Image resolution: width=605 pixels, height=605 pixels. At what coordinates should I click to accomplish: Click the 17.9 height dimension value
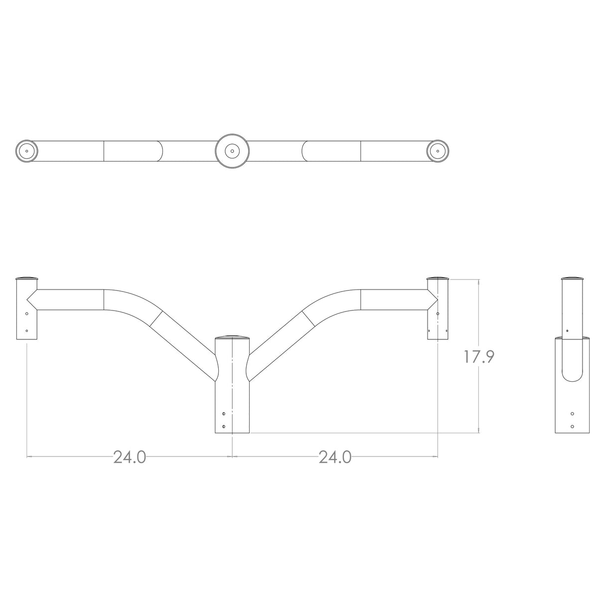pyautogui.click(x=479, y=357)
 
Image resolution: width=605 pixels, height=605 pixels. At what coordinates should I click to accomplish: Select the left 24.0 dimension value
pyautogui.click(x=130, y=456)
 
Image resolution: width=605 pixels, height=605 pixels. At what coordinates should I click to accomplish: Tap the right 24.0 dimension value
pyautogui.click(x=335, y=456)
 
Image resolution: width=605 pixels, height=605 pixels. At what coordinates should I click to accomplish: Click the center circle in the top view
pyautogui.click(x=232, y=151)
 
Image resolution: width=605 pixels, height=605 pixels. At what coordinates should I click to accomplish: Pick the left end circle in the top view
pyautogui.click(x=26, y=151)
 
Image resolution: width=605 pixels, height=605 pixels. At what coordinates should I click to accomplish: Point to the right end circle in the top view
pyautogui.click(x=438, y=151)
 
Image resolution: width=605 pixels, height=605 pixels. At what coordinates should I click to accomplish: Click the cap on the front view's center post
pyautogui.click(x=232, y=337)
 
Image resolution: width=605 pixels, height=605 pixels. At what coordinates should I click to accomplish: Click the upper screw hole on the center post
pyautogui.click(x=224, y=414)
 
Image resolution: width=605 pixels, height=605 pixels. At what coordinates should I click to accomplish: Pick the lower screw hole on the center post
pyautogui.click(x=224, y=427)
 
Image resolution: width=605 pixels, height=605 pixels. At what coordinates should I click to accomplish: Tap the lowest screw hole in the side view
pyautogui.click(x=573, y=426)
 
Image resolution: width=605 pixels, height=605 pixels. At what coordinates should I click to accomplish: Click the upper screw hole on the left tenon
pyautogui.click(x=26, y=313)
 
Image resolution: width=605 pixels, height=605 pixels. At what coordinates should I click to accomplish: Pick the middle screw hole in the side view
pyautogui.click(x=573, y=414)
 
